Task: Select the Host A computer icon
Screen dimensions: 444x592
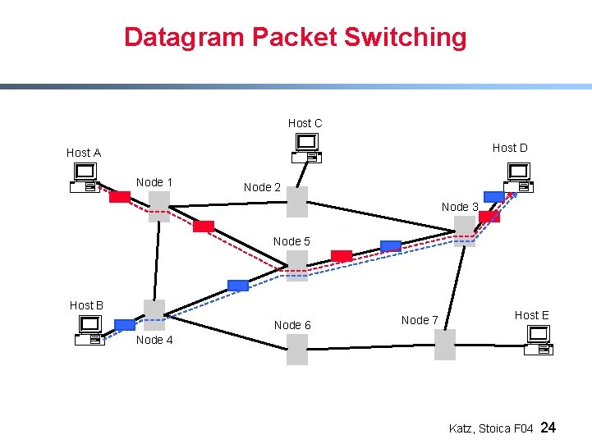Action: (85, 177)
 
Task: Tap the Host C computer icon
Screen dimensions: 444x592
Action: (306, 146)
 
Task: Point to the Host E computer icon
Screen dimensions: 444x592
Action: (539, 340)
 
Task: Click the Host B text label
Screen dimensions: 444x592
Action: (86, 305)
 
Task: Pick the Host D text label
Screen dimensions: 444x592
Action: (510, 148)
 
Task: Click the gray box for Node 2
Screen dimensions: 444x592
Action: (297, 202)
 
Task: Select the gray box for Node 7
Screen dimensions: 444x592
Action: (444, 345)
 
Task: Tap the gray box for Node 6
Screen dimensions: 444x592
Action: (297, 350)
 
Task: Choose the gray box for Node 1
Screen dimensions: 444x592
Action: (159, 206)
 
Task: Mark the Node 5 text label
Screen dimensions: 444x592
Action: (291, 241)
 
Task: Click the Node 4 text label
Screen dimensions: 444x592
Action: (154, 340)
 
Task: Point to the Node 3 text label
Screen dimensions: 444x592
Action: (460, 207)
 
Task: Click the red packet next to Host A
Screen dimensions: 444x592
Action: (120, 197)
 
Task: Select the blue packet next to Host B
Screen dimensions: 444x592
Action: (125, 324)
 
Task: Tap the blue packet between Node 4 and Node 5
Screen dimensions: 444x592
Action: (237, 286)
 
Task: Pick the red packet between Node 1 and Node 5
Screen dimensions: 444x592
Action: (204, 227)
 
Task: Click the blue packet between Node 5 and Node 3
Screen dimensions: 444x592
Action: (391, 246)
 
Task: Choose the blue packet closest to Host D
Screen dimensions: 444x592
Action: (494, 196)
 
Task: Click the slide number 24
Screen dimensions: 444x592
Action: (549, 428)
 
